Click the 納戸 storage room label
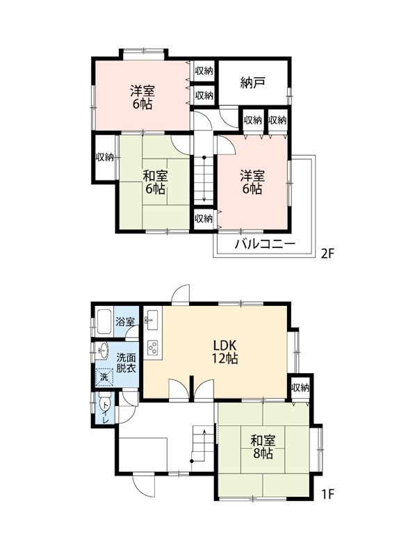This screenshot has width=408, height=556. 253,83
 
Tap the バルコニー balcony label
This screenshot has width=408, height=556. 265,244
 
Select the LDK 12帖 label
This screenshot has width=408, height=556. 225,352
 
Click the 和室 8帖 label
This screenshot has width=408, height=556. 263,447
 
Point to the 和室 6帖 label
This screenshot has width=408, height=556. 155,182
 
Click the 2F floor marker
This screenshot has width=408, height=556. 327,254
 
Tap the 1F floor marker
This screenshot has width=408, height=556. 328,494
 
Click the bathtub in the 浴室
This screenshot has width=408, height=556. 104,322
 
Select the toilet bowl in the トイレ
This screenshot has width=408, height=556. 104,404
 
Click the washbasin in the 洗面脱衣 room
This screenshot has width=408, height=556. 102,352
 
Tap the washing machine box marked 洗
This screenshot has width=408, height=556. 104,377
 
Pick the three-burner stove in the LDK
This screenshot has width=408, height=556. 153,347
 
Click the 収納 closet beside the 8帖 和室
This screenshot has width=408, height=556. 300,388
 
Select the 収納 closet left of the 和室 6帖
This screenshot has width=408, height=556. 104,157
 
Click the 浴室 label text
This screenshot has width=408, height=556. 125,322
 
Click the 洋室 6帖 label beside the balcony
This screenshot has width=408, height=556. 252,182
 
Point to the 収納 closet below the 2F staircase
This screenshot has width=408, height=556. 204,218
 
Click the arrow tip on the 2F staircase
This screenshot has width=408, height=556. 204,202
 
